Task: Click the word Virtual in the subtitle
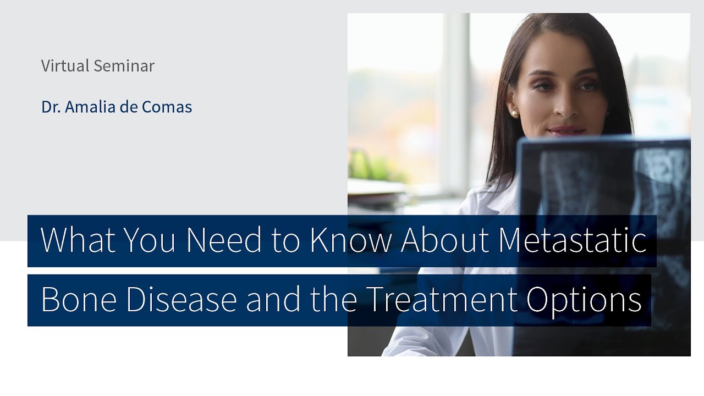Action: pos(65,66)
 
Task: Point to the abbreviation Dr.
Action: pos(51,107)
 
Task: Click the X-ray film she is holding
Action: pos(605,182)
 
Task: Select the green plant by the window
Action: pos(374,165)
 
